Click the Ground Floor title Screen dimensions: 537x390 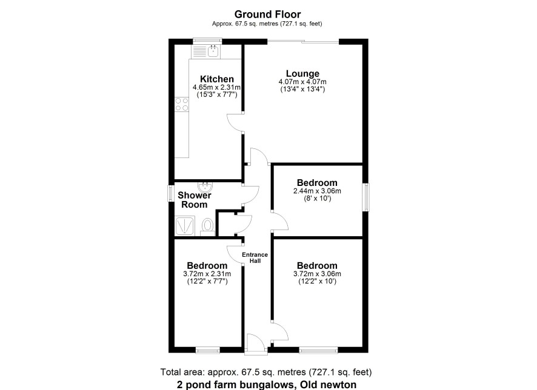pyautogui.click(x=267, y=15)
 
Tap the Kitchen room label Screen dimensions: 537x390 pyautogui.click(x=217, y=79)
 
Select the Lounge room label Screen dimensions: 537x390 pyautogui.click(x=303, y=73)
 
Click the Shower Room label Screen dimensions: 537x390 pyautogui.click(x=194, y=200)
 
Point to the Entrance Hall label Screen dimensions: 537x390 pyautogui.click(x=255, y=257)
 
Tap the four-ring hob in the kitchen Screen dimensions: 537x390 pyautogui.click(x=182, y=104)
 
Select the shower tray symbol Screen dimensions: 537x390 pyautogui.click(x=185, y=225)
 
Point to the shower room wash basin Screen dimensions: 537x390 pyautogui.click(x=205, y=187)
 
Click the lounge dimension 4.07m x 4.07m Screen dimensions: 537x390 pyautogui.click(x=302, y=82)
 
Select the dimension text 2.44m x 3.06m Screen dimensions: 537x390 pyautogui.click(x=317, y=191)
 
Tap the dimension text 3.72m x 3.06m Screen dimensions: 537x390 pyautogui.click(x=317, y=274)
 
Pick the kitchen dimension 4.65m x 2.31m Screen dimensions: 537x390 pyautogui.click(x=216, y=87)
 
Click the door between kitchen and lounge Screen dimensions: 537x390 pyautogui.click(x=235, y=122)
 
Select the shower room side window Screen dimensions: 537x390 pyautogui.click(x=170, y=194)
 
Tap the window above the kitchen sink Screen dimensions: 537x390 pyautogui.click(x=207, y=41)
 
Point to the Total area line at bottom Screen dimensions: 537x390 pyautogui.click(x=265, y=372)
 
